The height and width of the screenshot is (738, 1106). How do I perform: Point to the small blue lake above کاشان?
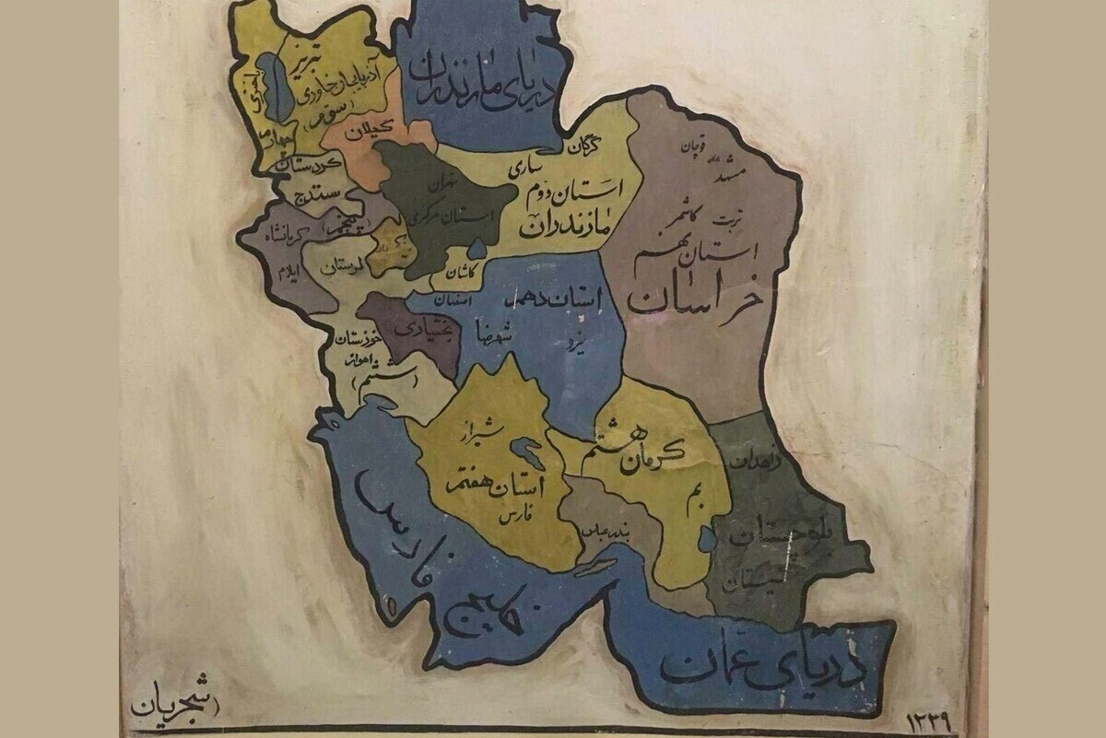(477, 248)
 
